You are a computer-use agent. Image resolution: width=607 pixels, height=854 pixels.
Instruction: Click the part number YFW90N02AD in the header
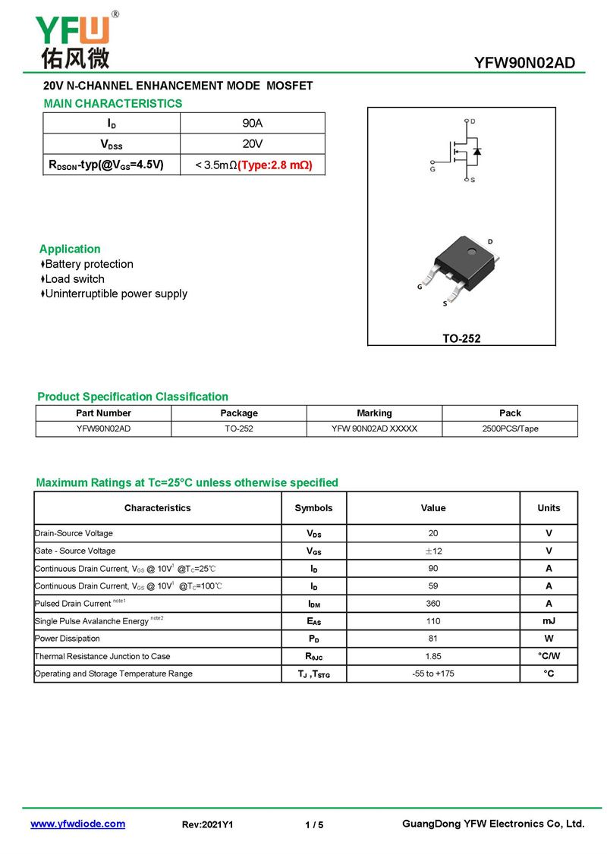pos(524,63)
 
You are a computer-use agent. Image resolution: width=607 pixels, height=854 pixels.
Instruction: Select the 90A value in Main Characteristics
pos(253,124)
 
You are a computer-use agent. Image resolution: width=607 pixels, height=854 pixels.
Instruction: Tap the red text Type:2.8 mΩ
pos(275,165)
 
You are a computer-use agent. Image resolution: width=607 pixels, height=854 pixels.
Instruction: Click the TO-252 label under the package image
pos(461,339)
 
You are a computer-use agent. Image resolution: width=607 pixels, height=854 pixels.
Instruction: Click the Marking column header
pos(374,413)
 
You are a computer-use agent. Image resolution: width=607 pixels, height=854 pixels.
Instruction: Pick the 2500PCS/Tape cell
pos(510,429)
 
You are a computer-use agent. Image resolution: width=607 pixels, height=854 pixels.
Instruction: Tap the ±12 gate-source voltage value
pos(433,551)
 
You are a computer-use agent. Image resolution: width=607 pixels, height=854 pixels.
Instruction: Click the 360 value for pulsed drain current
pos(433,604)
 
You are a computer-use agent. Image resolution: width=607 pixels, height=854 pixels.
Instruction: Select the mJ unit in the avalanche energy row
pos(549,621)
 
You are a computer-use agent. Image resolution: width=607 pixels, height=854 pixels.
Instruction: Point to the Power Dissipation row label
pos(68,639)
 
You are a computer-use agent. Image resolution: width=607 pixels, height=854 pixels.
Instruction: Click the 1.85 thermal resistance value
pos(433,656)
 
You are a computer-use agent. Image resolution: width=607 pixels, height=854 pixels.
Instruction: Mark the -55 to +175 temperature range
pos(433,673)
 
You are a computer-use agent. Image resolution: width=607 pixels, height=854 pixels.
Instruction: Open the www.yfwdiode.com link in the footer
pos(77,824)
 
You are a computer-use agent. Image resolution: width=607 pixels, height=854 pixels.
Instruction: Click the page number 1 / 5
pos(314,825)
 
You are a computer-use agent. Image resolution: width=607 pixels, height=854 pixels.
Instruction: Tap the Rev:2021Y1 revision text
pos(207,825)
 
